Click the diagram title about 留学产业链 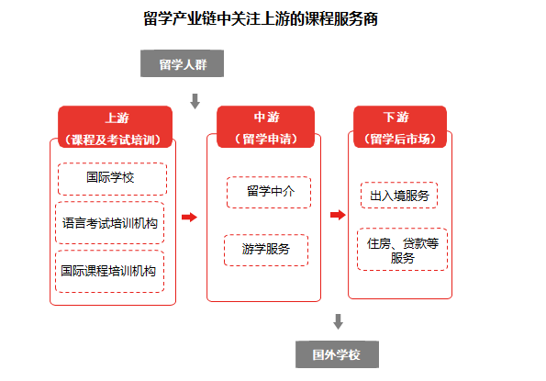coord(261,18)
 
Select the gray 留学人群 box coord(182,63)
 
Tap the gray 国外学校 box coord(337,354)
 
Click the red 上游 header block coord(115,127)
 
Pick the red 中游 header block coord(266,127)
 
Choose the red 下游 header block coord(400,127)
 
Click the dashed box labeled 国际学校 coord(112,179)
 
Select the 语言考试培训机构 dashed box coord(110,222)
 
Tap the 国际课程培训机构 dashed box coord(110,271)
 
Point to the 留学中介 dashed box coord(269,192)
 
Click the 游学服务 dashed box coord(266,250)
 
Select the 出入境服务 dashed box coord(399,195)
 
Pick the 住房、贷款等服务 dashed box coord(402,249)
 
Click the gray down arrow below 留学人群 coord(195,101)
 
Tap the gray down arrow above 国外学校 coord(338,321)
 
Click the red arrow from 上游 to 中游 coord(189,218)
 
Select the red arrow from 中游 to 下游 coord(338,215)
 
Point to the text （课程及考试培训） coord(113,140)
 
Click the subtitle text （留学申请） coord(266,139)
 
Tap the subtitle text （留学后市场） coord(400,139)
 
